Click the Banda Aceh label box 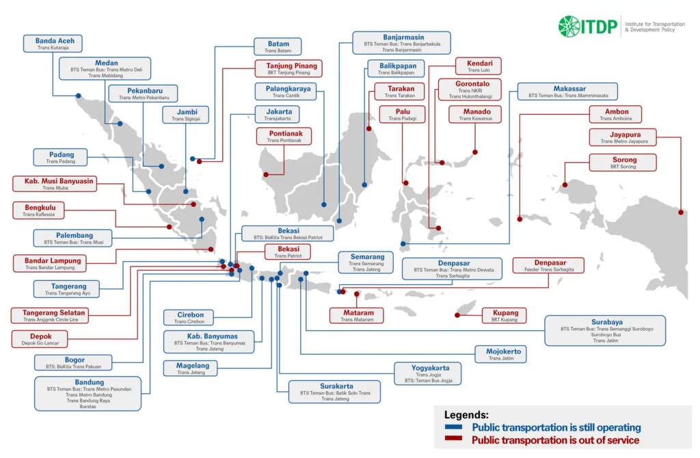pos(55,44)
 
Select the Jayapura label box pos(623,137)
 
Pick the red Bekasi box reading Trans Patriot pos(288,252)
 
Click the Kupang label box pos(505,316)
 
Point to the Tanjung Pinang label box pos(288,68)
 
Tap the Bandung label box pos(90,393)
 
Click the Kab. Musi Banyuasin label pos(54,184)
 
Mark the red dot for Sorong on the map pos(565,185)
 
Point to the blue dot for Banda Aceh pos(79,96)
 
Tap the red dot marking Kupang pos(457,314)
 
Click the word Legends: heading pos(466,414)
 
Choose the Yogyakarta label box pos(428,373)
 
